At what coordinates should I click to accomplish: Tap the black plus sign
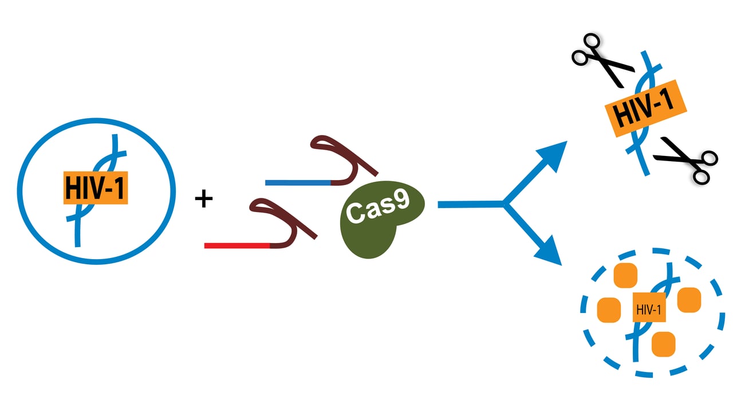coord(203,199)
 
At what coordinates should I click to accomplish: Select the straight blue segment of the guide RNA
coord(298,183)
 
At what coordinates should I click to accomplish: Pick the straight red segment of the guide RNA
coord(237,246)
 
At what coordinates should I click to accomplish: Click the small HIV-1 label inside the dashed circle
coord(648,311)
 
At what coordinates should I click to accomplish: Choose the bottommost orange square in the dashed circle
coord(664,343)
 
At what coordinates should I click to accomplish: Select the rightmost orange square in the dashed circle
coord(689,300)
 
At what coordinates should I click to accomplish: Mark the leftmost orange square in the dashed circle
coord(609,310)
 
